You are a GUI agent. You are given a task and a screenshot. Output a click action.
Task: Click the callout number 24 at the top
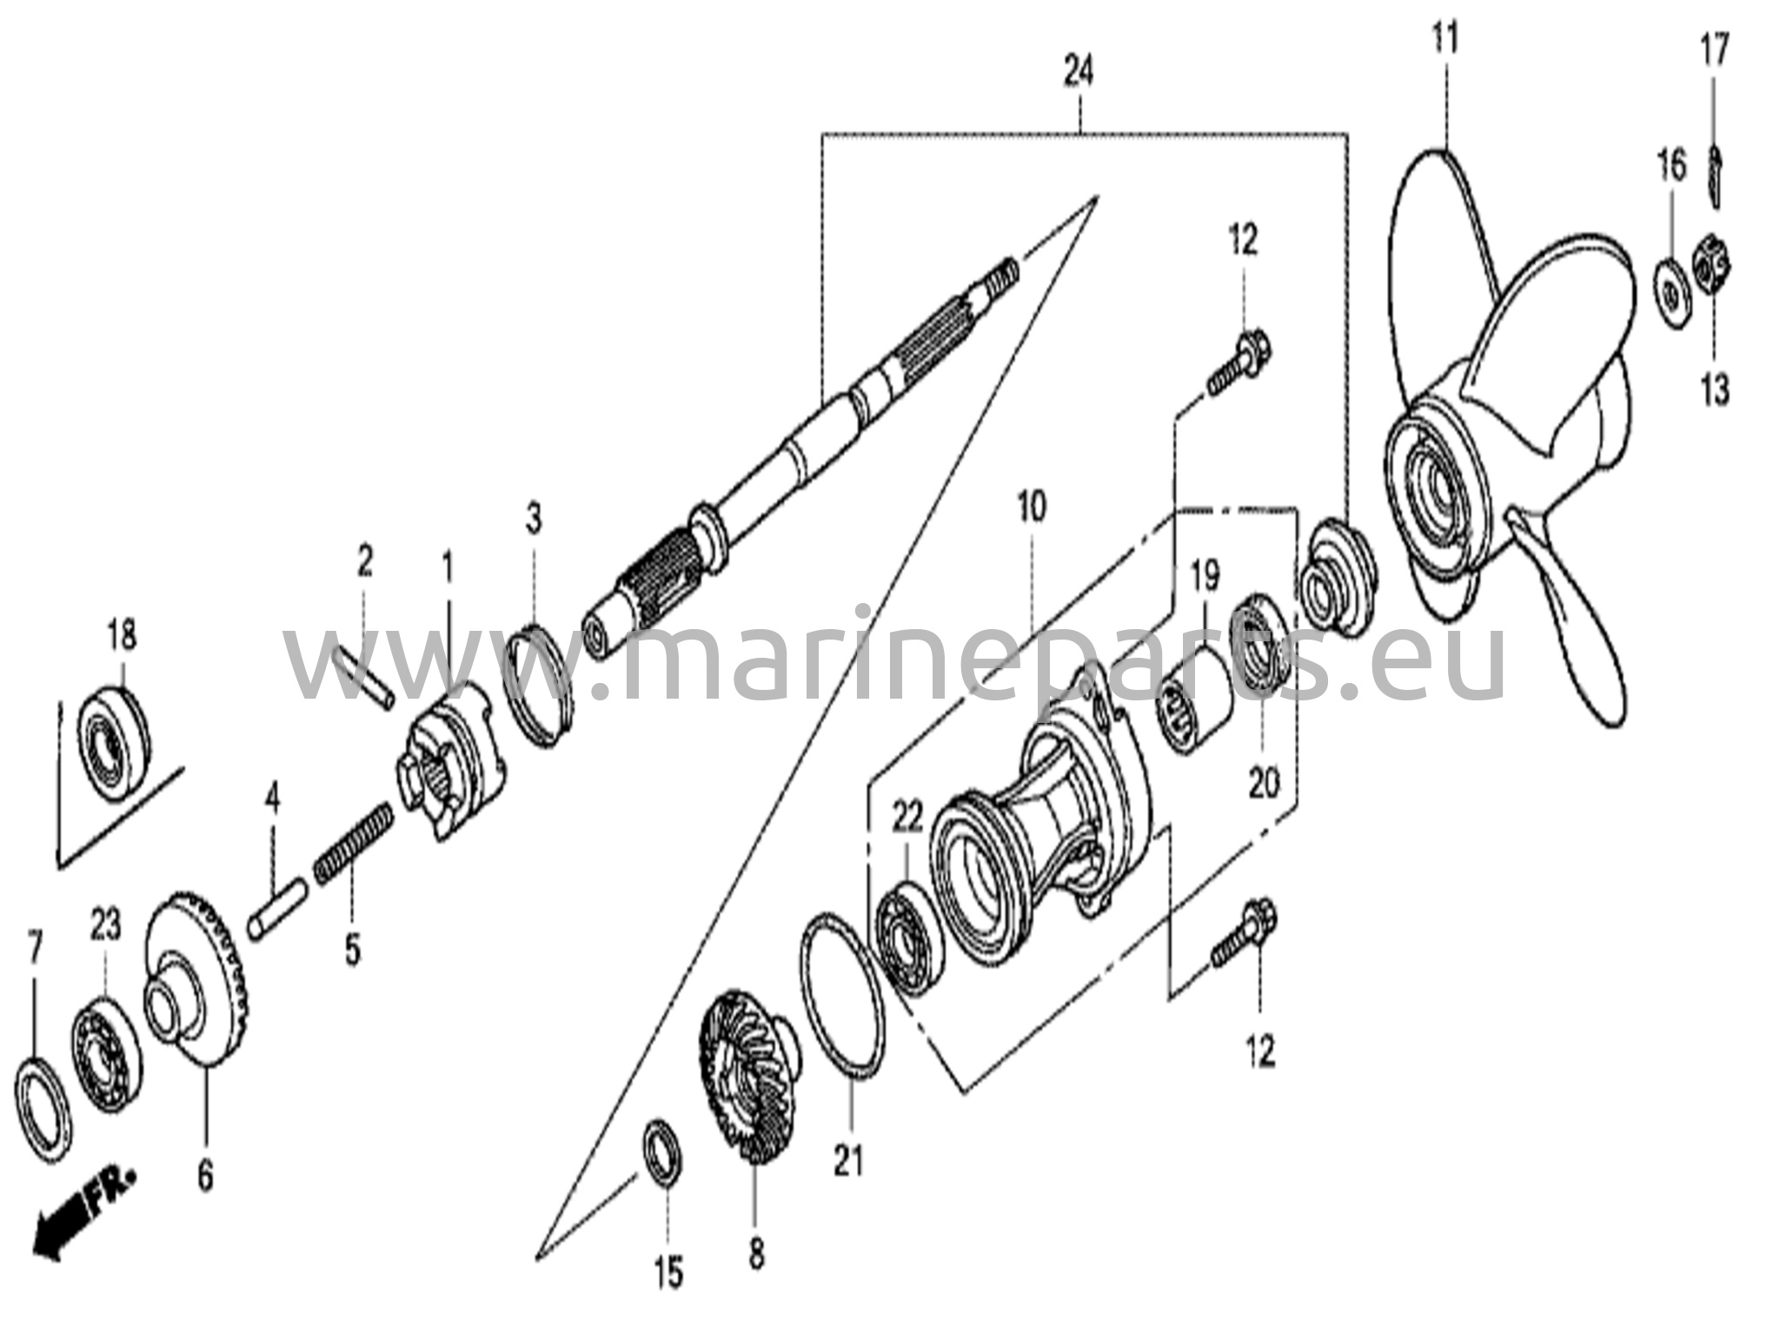pyautogui.click(x=1079, y=73)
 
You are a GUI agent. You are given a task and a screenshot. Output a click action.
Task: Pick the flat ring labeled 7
pyautogui.click(x=43, y=1107)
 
